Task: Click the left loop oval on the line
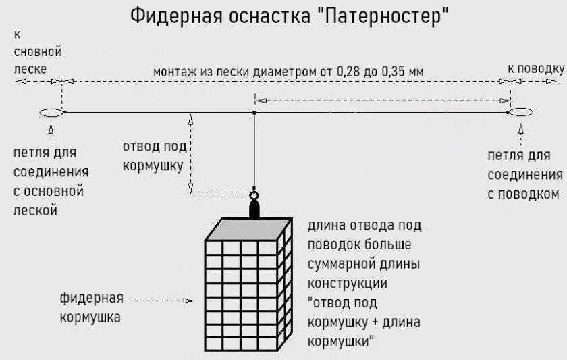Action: tap(52, 112)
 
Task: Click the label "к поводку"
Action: tap(535, 68)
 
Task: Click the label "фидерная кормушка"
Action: tap(90, 307)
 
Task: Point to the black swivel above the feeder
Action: tap(254, 205)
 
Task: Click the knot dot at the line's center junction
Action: tap(254, 112)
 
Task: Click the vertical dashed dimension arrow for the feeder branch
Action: tap(191, 155)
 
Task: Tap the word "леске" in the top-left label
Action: tap(31, 68)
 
